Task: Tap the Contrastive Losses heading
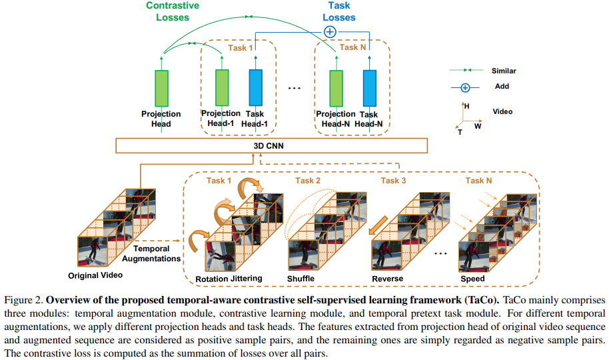point(173,12)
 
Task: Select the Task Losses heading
point(339,12)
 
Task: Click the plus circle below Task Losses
point(330,31)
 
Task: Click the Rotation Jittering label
point(229,278)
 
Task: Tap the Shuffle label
point(301,278)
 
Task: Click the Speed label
point(472,278)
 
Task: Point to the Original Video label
point(96,275)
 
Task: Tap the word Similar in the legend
point(504,70)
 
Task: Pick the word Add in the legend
point(502,86)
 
